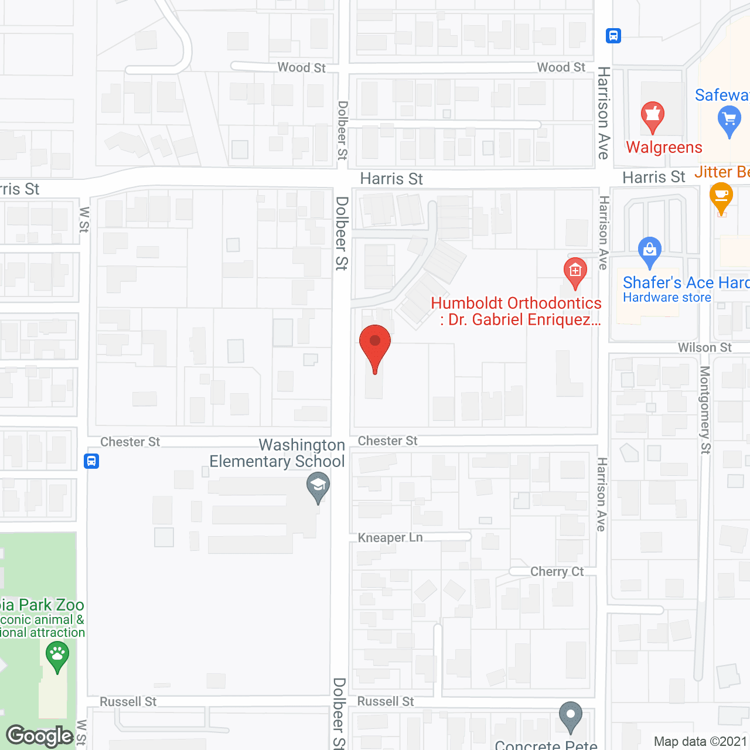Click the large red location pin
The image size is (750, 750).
374,345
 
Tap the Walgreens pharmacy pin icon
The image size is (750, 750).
652,115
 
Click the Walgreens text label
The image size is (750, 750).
664,147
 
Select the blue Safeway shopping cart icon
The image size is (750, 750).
729,122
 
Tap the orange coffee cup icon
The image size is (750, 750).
721,197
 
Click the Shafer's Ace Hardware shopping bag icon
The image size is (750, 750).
649,251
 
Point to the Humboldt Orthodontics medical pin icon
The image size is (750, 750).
575,271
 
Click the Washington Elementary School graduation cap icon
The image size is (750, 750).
318,487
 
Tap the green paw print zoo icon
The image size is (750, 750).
57,655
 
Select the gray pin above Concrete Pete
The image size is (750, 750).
570,716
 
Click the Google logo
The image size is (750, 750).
40,736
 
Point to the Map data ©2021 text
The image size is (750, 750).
701,742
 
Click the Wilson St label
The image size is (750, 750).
704,347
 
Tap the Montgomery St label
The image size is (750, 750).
705,410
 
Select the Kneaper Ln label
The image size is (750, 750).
390,537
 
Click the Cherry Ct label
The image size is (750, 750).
557,571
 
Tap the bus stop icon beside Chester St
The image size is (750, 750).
91,461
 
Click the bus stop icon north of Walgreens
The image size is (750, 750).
613,36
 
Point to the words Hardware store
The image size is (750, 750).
667,298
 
